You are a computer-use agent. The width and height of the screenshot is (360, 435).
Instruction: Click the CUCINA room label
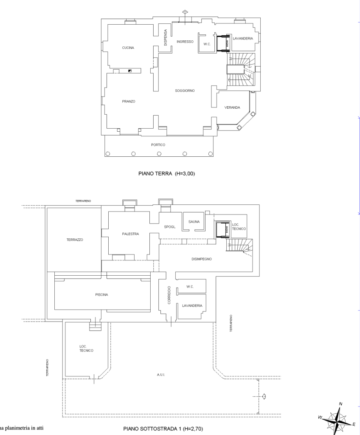pyautogui.click(x=128, y=48)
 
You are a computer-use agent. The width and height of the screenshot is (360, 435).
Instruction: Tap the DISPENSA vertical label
pyautogui.click(x=166, y=37)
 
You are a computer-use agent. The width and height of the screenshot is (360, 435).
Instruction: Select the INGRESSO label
pyautogui.click(x=185, y=42)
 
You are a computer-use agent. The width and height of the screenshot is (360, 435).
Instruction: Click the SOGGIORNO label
pyautogui.click(x=185, y=91)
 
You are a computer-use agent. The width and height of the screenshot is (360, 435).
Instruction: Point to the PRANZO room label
pyautogui.click(x=128, y=102)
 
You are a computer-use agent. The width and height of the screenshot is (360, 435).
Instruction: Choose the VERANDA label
pyautogui.click(x=232, y=107)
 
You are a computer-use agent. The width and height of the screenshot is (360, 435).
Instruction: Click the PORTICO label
pyautogui.click(x=158, y=145)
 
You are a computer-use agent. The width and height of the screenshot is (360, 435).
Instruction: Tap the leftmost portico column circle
pyautogui.click(x=107, y=154)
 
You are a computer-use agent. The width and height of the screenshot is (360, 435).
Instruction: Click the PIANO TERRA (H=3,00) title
pyautogui.click(x=167, y=174)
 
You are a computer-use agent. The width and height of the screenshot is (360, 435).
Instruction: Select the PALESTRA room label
pyautogui.click(x=130, y=234)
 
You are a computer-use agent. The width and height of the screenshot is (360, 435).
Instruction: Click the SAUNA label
pyautogui.click(x=194, y=222)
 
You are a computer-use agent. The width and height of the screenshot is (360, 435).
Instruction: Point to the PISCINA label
pyautogui.click(x=101, y=295)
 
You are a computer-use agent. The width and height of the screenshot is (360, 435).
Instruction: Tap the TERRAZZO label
pyautogui.click(x=75, y=240)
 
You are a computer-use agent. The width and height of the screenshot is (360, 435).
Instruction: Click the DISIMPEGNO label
pyautogui.click(x=202, y=259)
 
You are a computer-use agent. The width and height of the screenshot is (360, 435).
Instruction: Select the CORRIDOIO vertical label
pyautogui.click(x=169, y=295)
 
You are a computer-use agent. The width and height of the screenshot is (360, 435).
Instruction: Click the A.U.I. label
pyautogui.click(x=161, y=375)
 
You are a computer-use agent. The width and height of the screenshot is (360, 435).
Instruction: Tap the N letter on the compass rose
pyautogui.click(x=340, y=404)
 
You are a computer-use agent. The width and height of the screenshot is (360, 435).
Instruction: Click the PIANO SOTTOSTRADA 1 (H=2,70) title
pyautogui.click(x=163, y=429)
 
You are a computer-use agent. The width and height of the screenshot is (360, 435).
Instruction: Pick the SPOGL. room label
pyautogui.click(x=170, y=227)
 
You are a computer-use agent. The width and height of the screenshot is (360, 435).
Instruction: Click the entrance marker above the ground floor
pyautogui.click(x=185, y=12)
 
